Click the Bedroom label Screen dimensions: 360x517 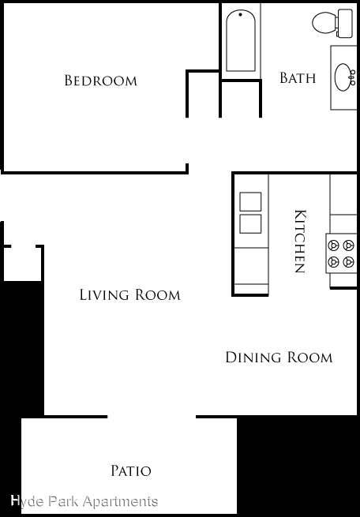(x=100, y=81)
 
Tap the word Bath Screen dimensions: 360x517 (x=298, y=78)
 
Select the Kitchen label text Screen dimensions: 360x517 (x=299, y=242)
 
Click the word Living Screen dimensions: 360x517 (x=104, y=294)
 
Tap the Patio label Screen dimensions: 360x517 (x=131, y=470)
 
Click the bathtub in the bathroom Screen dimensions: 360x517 (x=241, y=40)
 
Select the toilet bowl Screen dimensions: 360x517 (x=324, y=22)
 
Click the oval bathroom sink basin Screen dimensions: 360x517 (x=343, y=77)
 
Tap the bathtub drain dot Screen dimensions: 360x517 (x=240, y=14)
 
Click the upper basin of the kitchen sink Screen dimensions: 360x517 (x=250, y=201)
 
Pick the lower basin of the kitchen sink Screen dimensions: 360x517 (x=250, y=224)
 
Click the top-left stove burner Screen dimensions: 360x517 (x=334, y=245)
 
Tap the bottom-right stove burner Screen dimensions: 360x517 (x=348, y=262)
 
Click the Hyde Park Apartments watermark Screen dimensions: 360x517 (x=84, y=501)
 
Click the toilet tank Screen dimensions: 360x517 (x=344, y=23)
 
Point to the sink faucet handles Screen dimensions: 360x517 (x=353, y=77)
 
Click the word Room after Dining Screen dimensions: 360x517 (x=309, y=358)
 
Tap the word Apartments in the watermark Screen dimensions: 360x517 (x=120, y=502)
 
